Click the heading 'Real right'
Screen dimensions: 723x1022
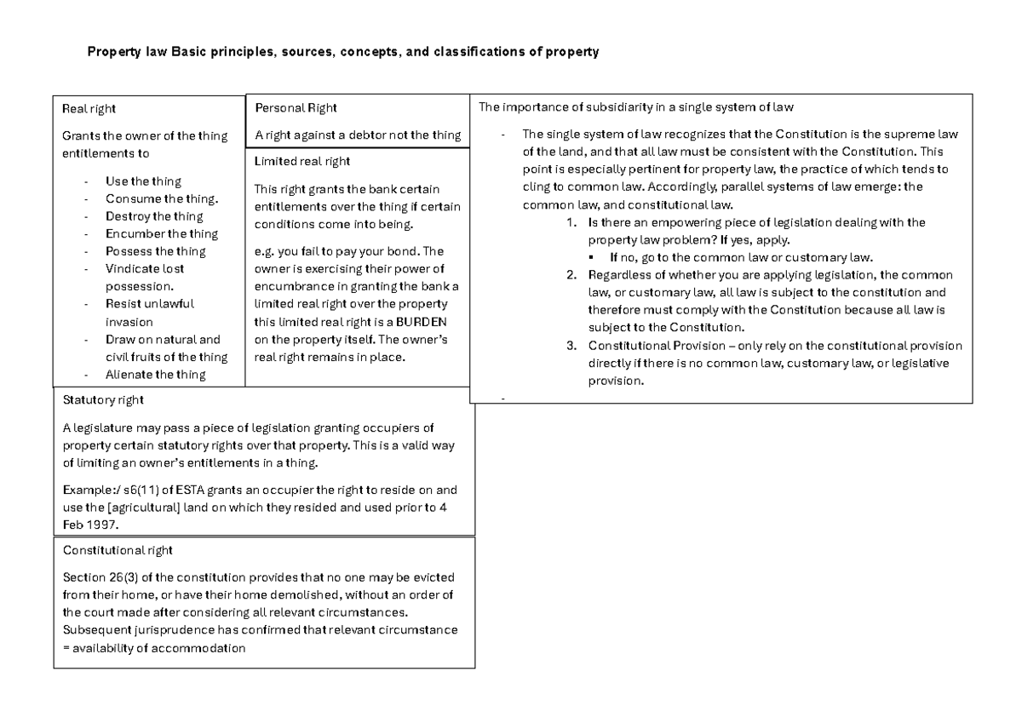[89, 108]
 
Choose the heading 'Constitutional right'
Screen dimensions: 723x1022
[118, 550]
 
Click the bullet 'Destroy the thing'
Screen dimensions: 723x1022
[154, 216]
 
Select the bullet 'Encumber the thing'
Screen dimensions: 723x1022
[161, 233]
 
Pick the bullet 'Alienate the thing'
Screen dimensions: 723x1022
[155, 375]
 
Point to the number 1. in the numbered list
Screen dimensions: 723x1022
[571, 222]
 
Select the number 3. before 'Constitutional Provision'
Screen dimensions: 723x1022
[571, 346]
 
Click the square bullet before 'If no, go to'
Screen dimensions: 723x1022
[592, 257]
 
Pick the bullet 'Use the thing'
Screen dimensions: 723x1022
[143, 181]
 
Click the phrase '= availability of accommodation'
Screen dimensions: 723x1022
[154, 647]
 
